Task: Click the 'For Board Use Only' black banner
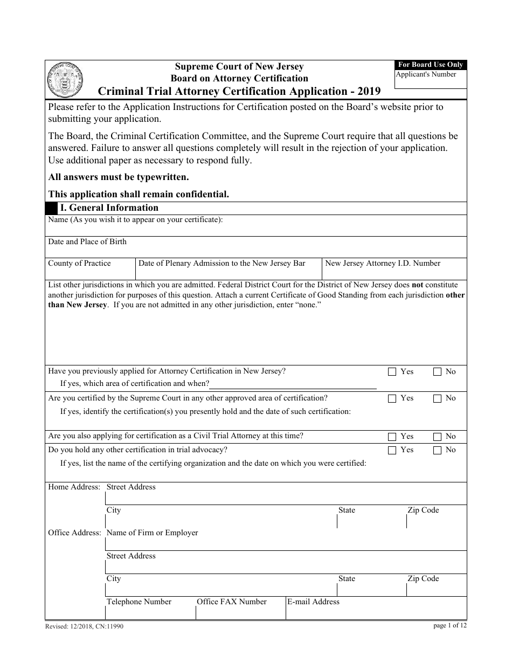(431, 65)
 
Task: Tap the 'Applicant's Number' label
(426, 74)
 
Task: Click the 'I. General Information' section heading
(109, 208)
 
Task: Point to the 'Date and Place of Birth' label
(87, 241)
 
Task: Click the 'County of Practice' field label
(79, 263)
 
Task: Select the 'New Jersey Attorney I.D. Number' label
(383, 263)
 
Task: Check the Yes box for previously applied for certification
(392, 371)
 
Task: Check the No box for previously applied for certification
(437, 371)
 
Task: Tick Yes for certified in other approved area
(392, 398)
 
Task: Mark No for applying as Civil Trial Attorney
(437, 437)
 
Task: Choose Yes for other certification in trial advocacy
(392, 450)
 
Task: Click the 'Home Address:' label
(74, 487)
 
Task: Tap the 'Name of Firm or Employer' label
(152, 533)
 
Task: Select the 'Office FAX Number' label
(231, 602)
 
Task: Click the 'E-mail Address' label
(313, 602)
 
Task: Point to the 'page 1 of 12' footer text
(449, 625)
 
